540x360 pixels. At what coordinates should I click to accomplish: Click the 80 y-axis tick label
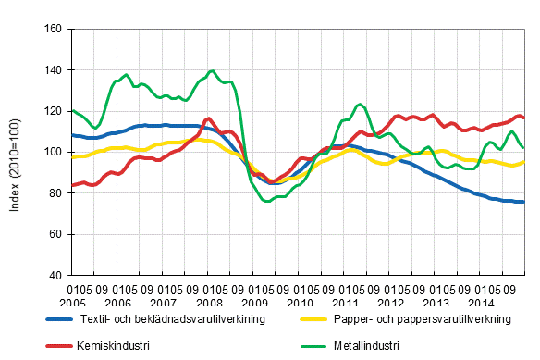[55, 193]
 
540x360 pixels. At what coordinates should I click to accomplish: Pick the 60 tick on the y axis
[55, 234]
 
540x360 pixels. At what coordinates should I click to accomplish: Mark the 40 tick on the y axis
[55, 276]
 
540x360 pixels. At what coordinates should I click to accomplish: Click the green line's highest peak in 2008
[213, 70]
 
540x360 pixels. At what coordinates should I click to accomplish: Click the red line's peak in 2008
[208, 118]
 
